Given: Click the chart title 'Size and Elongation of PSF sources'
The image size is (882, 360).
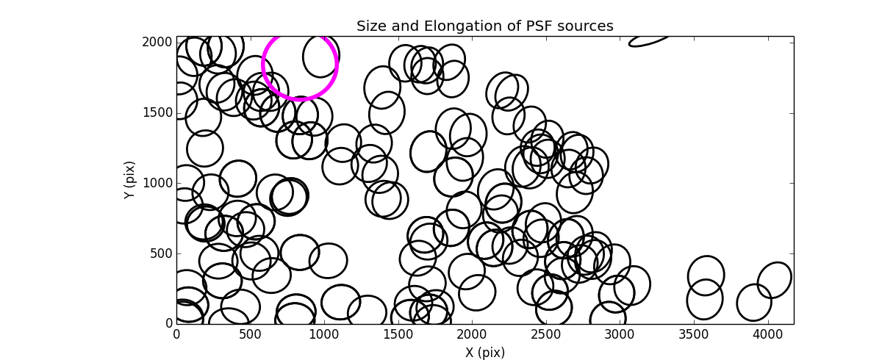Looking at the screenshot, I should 484,26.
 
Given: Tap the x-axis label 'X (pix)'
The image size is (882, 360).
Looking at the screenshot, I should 484,352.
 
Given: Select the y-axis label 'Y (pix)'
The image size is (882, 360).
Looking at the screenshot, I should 130,180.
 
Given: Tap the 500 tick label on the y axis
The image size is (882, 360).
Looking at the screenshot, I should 162,253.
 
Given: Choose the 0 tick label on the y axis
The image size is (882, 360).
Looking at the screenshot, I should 168,323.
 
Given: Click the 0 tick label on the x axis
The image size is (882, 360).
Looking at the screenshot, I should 176,334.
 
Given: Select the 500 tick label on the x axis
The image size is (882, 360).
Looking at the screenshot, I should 250,334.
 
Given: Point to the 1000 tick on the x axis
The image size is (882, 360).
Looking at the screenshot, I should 323,334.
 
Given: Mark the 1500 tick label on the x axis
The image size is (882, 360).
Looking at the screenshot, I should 398,334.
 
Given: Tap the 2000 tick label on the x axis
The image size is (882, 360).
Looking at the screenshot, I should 471,334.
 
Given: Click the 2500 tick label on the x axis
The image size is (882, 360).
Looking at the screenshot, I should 545,334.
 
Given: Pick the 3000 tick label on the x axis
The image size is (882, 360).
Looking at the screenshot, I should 620,334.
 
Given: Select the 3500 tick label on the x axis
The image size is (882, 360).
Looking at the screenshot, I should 693,334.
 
